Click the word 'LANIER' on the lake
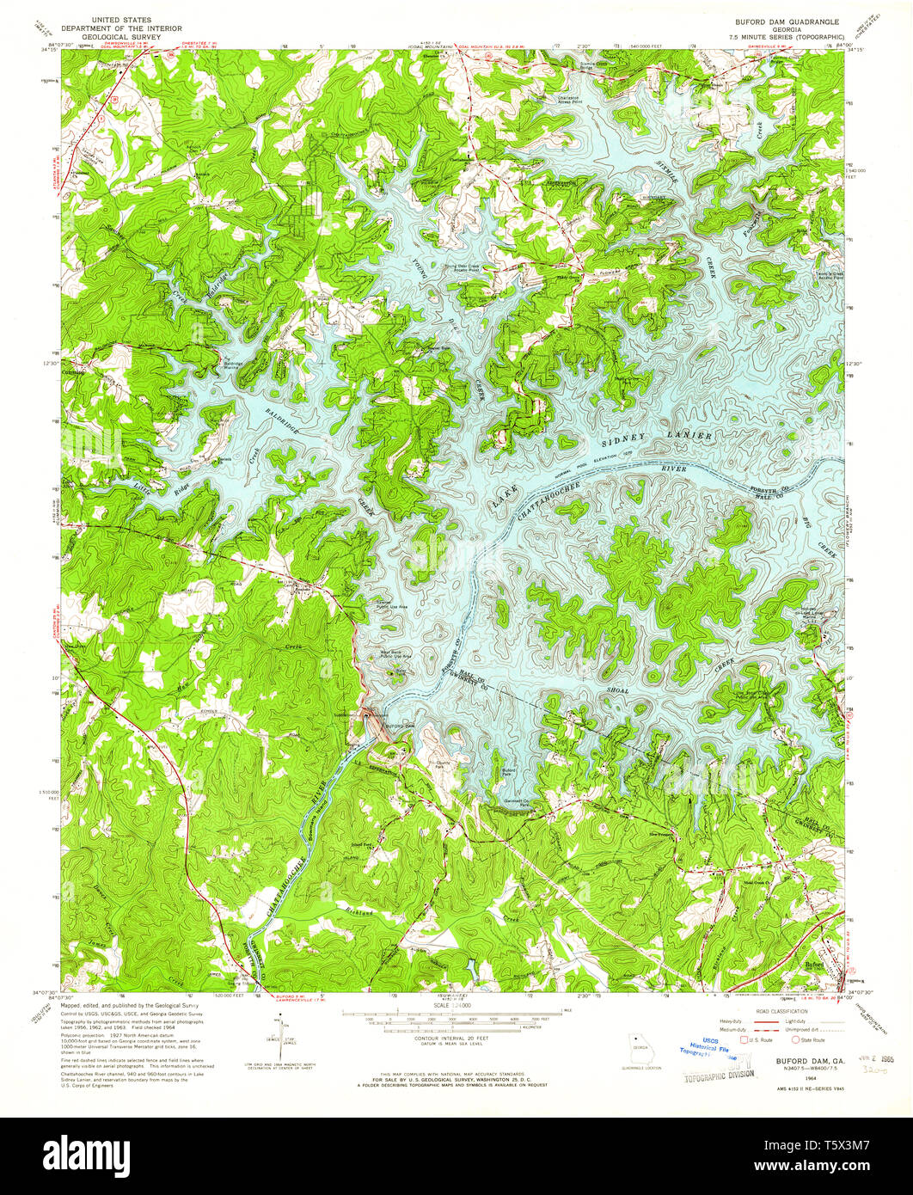[690, 436]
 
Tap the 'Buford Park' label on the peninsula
[509, 771]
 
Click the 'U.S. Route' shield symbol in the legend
[744, 1039]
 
